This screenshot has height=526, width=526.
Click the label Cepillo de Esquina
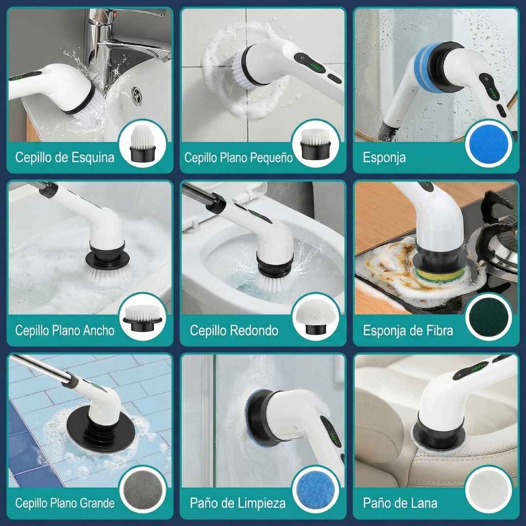65,158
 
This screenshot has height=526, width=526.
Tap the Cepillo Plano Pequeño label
238,158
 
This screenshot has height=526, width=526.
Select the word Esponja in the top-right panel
384,158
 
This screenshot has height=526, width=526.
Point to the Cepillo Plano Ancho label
65,330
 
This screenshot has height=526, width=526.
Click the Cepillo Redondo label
234,330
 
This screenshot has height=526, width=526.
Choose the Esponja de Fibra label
408,330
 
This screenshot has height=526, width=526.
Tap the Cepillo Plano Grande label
65,503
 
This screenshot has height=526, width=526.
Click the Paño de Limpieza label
238,503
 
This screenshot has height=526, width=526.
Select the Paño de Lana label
400,503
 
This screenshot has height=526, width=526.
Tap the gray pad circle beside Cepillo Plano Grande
143,489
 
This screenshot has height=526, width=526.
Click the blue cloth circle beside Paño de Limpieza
316,489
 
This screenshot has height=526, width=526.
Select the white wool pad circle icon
488,489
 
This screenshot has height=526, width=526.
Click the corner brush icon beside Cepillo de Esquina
142,145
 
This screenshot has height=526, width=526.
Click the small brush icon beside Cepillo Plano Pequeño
315,145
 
